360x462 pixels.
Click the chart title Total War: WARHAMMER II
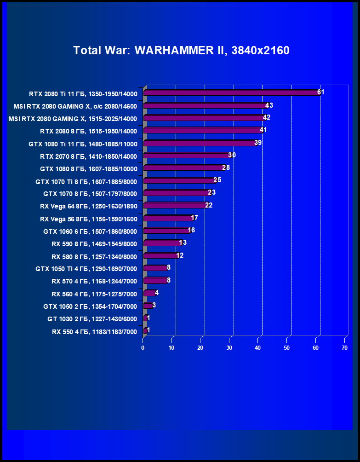pos(181,51)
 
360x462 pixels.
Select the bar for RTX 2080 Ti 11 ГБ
pos(231,92)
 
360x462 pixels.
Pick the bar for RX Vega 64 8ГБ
pos(175,205)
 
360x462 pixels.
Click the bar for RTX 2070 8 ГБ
pos(187,156)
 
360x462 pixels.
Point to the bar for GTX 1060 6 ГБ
pos(166,230)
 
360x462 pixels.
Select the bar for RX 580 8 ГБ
pos(160,255)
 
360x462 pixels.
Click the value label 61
pos(321,92)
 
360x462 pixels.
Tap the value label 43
pos(269,105)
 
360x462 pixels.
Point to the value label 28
pos(226,167)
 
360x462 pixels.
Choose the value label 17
pos(194,217)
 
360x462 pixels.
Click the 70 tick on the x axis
pos(344,348)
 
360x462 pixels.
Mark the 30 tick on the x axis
pos(229,348)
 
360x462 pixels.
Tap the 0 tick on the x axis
pos(143,348)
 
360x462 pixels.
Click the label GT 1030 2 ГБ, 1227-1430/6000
pos(92,319)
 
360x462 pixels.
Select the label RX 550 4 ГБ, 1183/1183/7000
pos(94,331)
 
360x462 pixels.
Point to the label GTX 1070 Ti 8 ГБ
pos(86,181)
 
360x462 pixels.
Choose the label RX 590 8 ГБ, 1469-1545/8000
pos(94,243)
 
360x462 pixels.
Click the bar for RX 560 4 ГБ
pos(149,293)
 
